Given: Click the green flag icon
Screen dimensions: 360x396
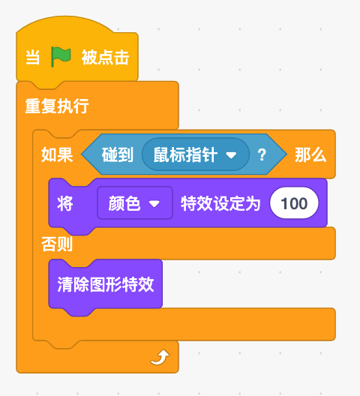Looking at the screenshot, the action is point(61,57).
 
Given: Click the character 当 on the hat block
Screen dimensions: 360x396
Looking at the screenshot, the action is point(32,57).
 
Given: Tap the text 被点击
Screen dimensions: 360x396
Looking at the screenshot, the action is point(105,57).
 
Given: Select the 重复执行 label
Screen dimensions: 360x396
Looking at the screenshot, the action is point(57,106).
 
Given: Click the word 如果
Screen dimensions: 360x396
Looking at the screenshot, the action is point(57,154).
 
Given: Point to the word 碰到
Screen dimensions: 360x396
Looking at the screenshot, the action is point(118,154).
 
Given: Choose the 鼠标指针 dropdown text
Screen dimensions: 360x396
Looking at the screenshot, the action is point(185,154).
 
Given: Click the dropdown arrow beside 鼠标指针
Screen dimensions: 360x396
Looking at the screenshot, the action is point(231,154).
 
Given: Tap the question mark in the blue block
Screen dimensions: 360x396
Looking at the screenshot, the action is point(262,154).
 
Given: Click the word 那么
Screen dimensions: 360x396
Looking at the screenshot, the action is point(310,154).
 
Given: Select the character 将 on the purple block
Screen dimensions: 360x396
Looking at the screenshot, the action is point(65,203).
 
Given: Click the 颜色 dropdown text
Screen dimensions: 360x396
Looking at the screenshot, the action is point(124,203).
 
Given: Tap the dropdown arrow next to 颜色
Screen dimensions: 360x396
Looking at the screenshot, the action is point(154,203).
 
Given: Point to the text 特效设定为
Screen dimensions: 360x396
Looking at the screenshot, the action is point(220,203).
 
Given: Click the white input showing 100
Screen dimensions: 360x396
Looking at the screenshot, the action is point(294,203).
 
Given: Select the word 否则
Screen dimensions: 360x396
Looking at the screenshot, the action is point(57,244).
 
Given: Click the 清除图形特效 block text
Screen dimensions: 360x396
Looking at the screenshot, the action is point(106,284).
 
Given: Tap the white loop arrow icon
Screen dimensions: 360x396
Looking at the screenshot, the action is point(160,357).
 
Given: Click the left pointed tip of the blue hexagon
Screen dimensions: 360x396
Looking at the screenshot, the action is point(82,154).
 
